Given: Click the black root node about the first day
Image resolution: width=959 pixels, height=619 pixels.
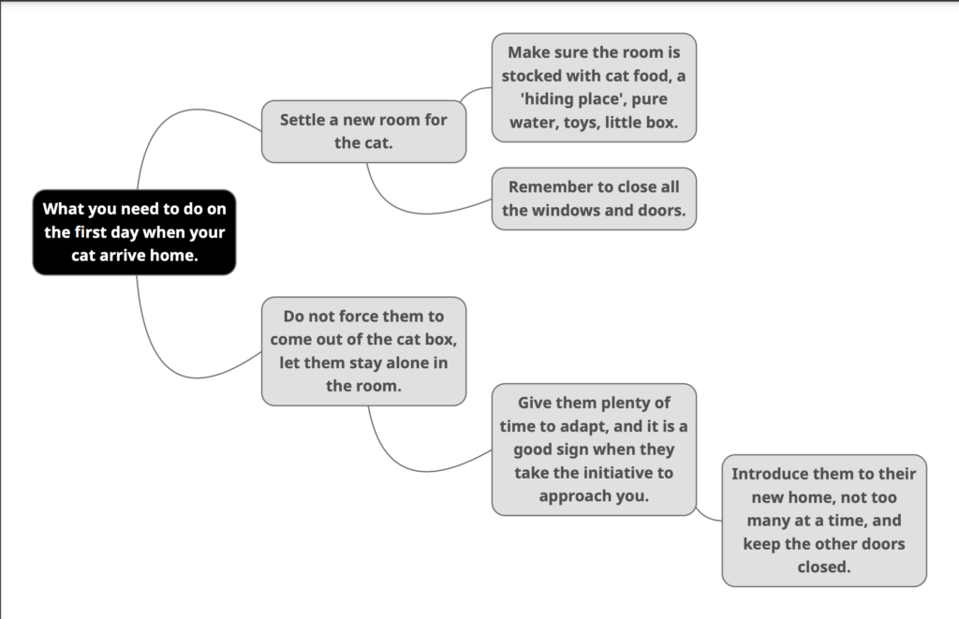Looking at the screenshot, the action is (x=134, y=232).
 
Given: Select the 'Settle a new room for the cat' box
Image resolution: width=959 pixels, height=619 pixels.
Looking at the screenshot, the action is (x=364, y=131).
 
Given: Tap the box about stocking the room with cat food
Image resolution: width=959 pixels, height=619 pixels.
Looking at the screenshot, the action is (x=594, y=87).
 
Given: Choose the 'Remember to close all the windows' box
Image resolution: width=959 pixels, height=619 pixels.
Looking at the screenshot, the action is (x=594, y=199).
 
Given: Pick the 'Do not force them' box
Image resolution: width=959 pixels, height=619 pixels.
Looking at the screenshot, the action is (x=364, y=351).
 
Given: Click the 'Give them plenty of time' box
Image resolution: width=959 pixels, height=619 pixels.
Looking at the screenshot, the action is (x=594, y=450).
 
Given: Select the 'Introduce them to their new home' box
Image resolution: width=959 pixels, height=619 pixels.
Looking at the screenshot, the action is (x=824, y=521).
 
